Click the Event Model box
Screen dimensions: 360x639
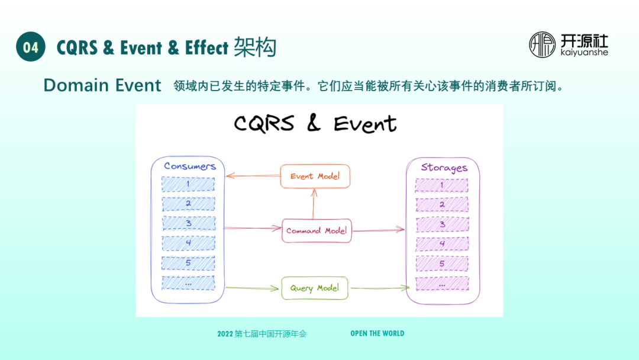coord(315,176)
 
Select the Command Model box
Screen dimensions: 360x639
coord(317,230)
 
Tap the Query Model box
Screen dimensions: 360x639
coord(314,288)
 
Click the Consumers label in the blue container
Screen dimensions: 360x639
coord(189,166)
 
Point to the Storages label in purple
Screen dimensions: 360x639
coord(444,168)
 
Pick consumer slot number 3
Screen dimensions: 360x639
coord(188,223)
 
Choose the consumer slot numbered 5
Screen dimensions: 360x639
coord(188,262)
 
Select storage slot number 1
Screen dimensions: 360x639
coord(441,186)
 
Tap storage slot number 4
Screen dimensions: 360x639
coord(441,243)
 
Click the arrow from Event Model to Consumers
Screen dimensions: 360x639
coord(253,175)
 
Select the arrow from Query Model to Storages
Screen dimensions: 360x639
coord(379,288)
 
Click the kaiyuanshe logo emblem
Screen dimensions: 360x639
coord(543,45)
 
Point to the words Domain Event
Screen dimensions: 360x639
coord(102,85)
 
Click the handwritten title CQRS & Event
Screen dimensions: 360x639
coord(315,123)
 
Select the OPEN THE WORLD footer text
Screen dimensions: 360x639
coord(377,333)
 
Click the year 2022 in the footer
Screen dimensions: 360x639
coord(225,334)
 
